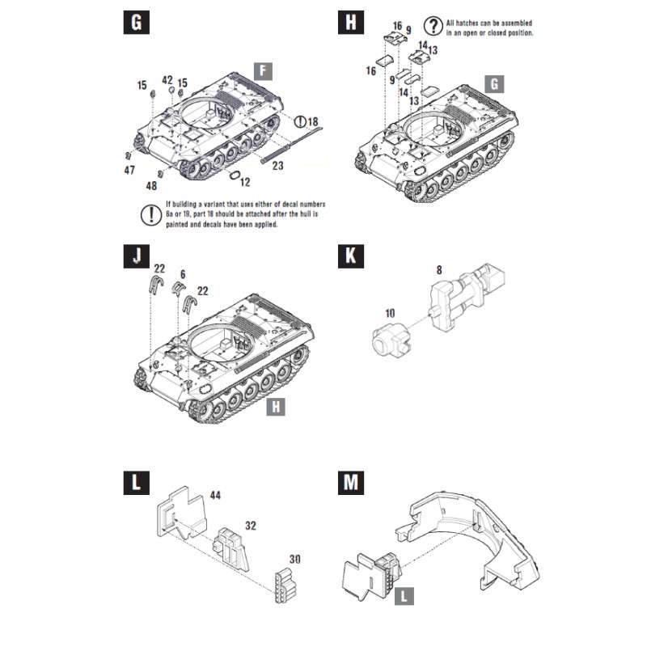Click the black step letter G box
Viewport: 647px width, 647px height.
point(136,23)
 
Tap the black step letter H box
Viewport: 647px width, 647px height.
point(350,23)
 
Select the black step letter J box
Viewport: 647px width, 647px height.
point(136,256)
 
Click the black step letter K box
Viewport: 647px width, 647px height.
point(350,256)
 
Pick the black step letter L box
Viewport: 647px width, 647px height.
point(136,483)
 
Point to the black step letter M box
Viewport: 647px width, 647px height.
point(350,483)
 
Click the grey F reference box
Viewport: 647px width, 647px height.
point(263,70)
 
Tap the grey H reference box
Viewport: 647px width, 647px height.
point(276,407)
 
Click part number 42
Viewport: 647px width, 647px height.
point(167,80)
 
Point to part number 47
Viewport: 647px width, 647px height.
point(129,171)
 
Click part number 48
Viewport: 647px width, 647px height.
point(151,185)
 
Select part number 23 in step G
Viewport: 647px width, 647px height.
point(277,167)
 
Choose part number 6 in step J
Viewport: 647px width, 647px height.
point(183,275)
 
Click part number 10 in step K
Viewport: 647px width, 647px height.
point(391,312)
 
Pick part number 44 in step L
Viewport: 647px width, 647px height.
point(214,494)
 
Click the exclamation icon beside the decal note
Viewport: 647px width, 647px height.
point(150,214)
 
